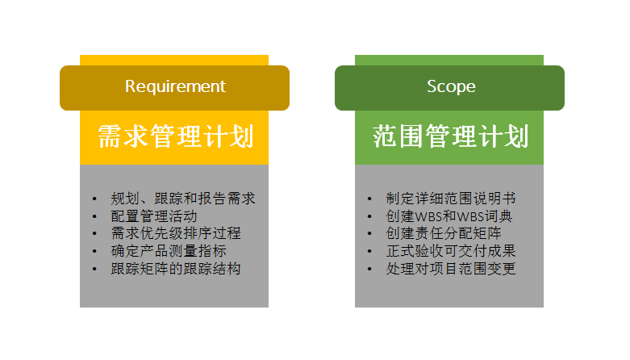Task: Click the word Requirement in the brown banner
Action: [x=175, y=86]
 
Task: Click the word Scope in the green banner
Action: [x=451, y=86]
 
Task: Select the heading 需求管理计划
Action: [x=175, y=136]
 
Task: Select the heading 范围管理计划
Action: [x=450, y=136]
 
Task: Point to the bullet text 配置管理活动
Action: [x=154, y=216]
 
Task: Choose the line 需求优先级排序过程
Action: [x=176, y=233]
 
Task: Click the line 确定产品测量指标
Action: [x=169, y=251]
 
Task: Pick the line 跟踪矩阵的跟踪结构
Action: [x=176, y=269]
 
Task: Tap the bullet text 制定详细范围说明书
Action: [x=451, y=199]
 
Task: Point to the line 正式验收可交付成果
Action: [x=451, y=251]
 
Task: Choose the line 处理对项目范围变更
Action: [x=451, y=269]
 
